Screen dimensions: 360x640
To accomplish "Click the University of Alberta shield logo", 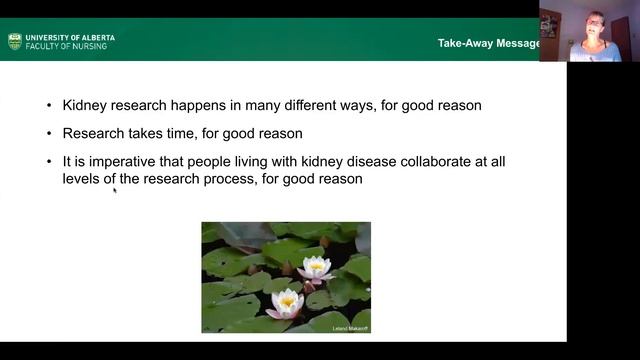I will (x=14, y=41).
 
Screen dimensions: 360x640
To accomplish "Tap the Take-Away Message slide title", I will (x=488, y=43).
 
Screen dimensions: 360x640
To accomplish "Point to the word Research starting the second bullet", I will (x=94, y=133).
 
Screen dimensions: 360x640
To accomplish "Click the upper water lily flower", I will (x=316, y=267).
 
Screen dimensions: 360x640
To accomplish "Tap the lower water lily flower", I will (x=287, y=301).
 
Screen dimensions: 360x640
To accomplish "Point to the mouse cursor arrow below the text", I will (x=114, y=189).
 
